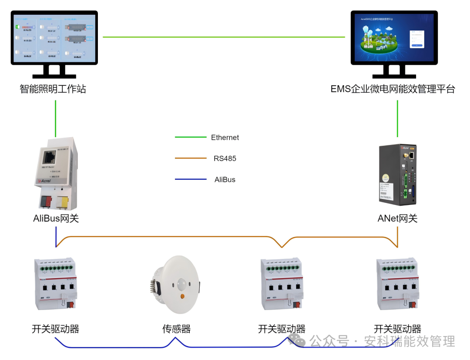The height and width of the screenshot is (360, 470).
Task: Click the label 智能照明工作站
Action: tap(53, 89)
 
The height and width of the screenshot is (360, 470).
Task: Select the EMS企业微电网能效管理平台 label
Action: tap(393, 89)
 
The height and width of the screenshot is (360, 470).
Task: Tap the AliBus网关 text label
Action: tap(56, 218)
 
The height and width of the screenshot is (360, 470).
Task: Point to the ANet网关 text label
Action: tap(397, 218)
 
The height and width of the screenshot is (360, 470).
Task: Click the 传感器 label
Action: tap(176, 329)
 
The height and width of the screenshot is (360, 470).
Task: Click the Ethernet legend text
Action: tap(225, 138)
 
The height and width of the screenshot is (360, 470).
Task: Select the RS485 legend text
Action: tap(225, 158)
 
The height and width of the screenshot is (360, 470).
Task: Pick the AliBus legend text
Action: tap(225, 179)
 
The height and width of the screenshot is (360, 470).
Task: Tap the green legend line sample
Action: tap(191, 138)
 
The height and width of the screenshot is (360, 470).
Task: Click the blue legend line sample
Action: tap(191, 179)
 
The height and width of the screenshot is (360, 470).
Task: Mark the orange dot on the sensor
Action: tap(182, 296)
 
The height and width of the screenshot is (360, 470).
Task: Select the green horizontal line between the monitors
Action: tap(224, 37)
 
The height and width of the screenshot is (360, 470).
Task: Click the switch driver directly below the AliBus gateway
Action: tap(54, 284)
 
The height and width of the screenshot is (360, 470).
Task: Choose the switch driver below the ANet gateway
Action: tap(397, 284)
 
